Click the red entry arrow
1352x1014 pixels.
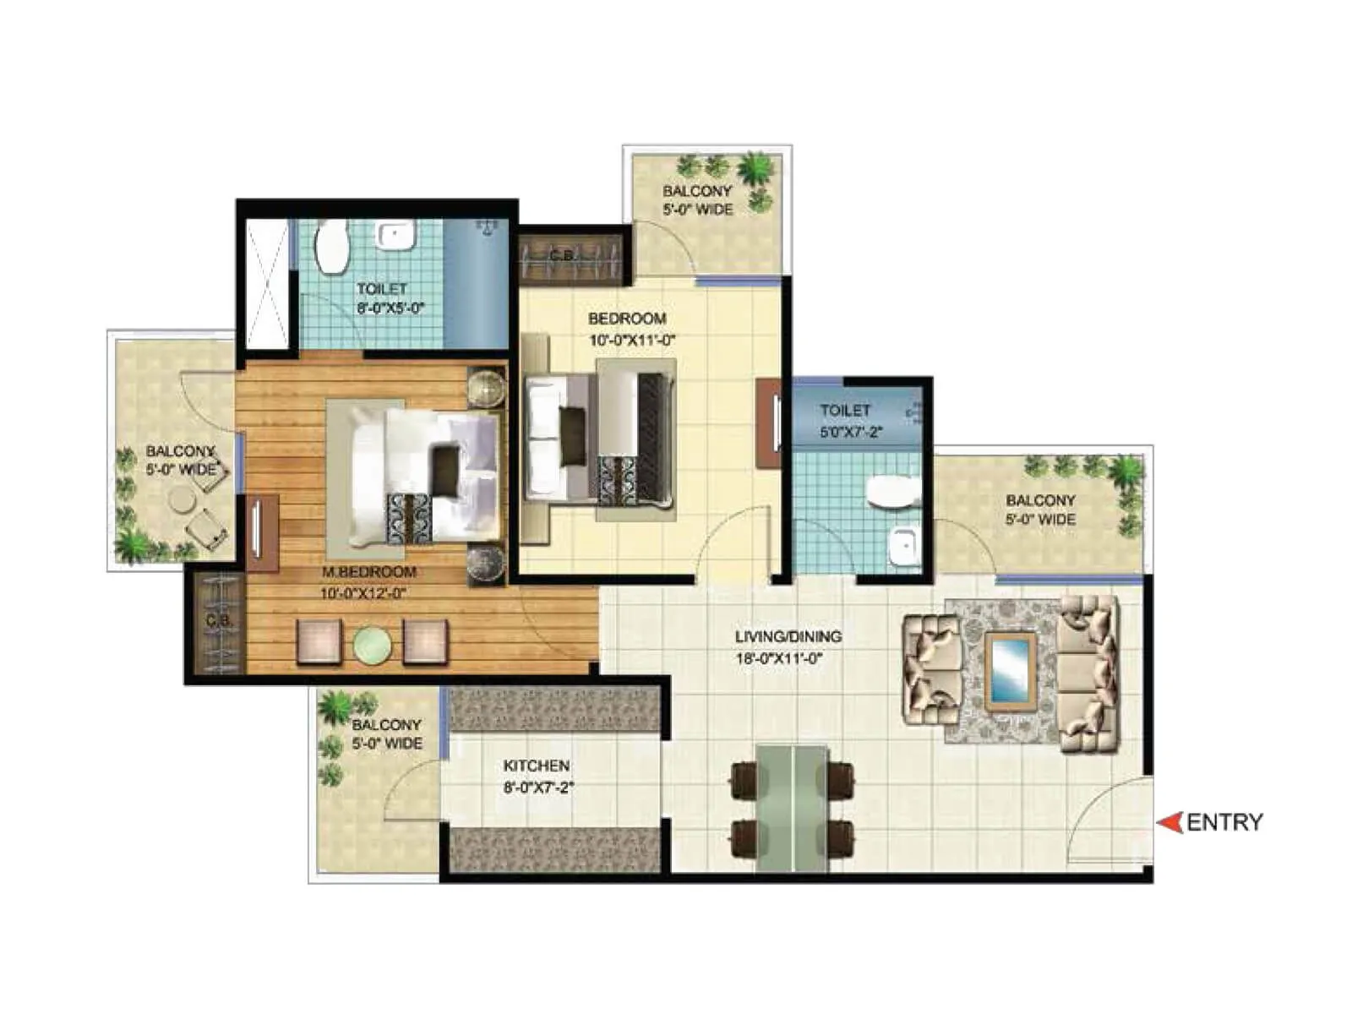1169,822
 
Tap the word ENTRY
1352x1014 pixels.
1224,822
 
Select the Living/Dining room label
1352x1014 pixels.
788,637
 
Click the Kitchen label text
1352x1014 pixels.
537,766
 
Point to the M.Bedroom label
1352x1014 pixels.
368,572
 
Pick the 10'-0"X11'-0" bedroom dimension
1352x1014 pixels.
633,341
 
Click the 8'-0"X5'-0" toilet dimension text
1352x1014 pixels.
390,308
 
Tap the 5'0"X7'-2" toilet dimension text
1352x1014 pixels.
850,432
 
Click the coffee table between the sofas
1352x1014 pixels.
1011,671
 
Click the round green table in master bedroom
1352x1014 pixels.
372,645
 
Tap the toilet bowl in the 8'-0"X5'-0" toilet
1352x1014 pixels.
332,247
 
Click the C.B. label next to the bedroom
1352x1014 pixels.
562,254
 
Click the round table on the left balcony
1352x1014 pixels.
182,499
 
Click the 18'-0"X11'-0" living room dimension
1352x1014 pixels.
778,658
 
